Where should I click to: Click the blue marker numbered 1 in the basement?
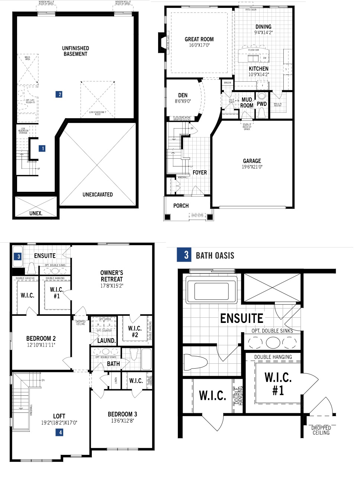point(43,149)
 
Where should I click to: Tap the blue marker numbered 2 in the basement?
point(60,94)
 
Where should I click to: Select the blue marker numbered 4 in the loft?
point(60,432)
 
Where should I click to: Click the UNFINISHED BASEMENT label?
point(75,51)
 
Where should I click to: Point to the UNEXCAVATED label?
point(97,194)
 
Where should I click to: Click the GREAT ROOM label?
point(199,39)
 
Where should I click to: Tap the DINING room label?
point(263,27)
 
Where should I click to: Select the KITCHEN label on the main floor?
point(258,69)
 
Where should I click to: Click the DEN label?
point(183,95)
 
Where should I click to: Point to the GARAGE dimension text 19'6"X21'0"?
point(252,167)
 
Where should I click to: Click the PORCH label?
point(181,205)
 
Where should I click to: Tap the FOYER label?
point(200,172)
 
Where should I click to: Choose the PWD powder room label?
point(262,104)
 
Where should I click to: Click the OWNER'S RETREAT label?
point(112,276)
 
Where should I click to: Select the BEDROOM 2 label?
point(41,339)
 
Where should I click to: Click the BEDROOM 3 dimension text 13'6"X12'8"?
point(122,421)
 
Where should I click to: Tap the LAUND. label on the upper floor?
point(106,340)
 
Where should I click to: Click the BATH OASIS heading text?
point(215,256)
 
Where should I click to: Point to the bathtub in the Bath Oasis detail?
point(212,288)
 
